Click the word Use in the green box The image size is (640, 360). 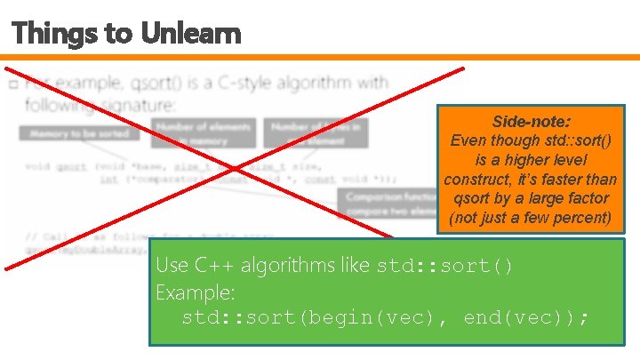(x=172, y=265)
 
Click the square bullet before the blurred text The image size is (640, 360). (x=12, y=85)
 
